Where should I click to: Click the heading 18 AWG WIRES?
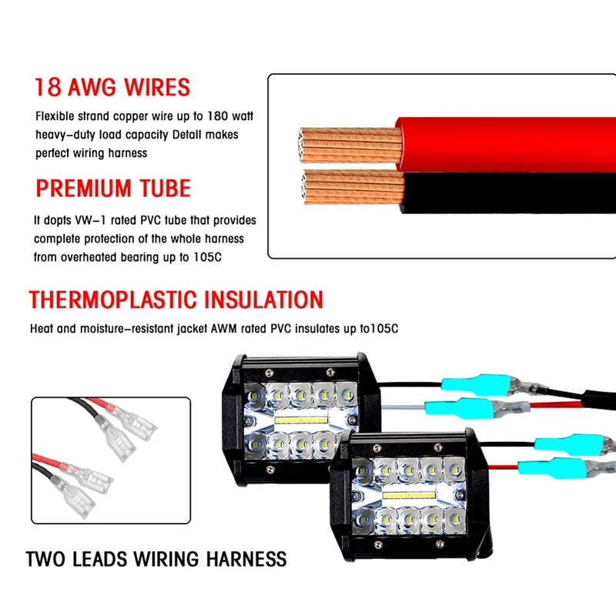(112, 87)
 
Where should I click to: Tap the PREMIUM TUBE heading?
(112, 189)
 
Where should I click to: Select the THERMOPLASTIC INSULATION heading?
(176, 300)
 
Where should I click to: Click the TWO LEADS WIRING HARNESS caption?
(156, 558)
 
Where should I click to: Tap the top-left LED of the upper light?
(252, 393)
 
